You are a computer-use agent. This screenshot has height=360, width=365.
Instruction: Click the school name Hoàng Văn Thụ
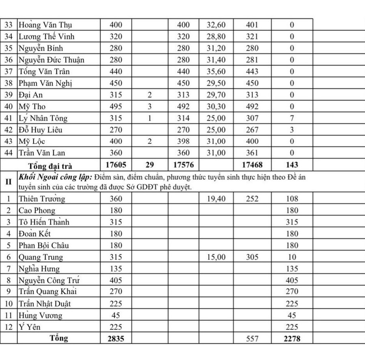click(45, 25)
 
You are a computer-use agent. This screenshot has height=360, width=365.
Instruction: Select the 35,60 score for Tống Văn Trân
click(216, 71)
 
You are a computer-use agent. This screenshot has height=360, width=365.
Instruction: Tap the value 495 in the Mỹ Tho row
click(117, 107)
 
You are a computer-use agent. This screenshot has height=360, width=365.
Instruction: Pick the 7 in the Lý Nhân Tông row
click(292, 119)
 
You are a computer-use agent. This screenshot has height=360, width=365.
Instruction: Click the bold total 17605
click(117, 165)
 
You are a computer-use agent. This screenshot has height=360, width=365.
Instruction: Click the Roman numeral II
click(9, 182)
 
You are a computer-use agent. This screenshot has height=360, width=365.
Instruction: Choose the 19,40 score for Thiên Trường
click(216, 199)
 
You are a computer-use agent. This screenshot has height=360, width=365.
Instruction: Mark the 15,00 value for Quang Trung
click(216, 257)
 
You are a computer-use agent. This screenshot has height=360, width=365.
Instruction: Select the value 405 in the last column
click(292, 280)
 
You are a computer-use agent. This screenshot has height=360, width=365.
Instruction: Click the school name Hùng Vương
click(40, 315)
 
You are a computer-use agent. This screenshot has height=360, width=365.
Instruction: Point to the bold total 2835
click(117, 338)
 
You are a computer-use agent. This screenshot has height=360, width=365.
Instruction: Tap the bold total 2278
click(292, 338)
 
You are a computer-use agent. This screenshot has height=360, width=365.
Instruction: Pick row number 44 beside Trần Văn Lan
click(9, 153)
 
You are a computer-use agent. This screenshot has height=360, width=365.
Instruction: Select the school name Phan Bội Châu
click(43, 246)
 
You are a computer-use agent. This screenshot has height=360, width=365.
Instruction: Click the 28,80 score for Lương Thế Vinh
click(216, 37)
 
